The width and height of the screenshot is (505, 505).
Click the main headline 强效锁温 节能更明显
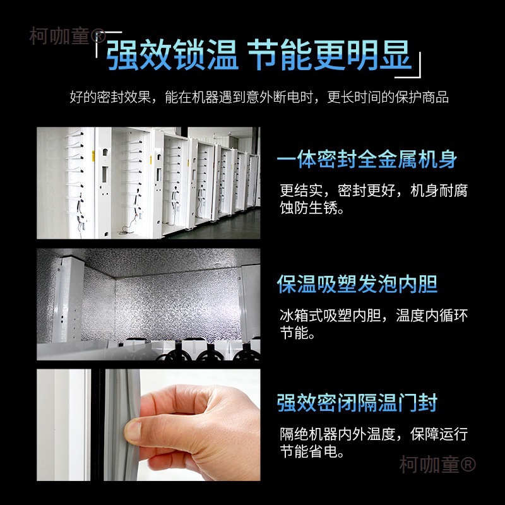[x=259, y=56]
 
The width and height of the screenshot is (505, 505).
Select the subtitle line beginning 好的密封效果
[x=259, y=98]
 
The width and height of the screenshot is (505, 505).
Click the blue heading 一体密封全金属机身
[x=367, y=159]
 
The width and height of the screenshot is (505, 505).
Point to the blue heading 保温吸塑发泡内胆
[x=357, y=283]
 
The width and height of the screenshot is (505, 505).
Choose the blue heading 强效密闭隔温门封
[x=357, y=402]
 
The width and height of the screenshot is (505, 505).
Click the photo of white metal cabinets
[x=148, y=183]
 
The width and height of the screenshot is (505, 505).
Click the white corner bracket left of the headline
[x=100, y=39]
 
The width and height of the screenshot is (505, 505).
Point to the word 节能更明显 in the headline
[x=330, y=56]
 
